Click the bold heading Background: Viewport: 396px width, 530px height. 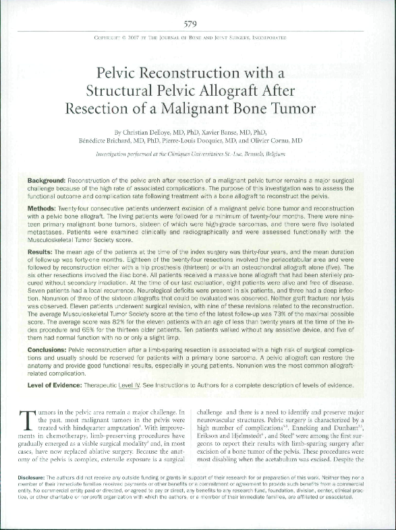(x=49, y=183)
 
